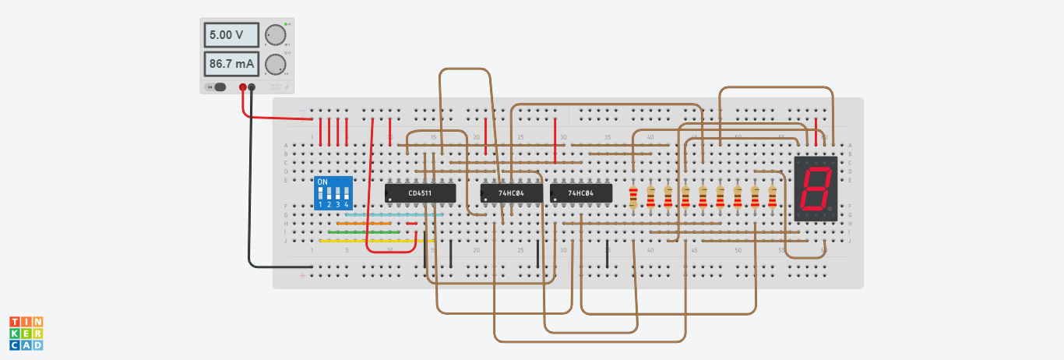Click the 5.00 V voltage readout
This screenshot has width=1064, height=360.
point(232,36)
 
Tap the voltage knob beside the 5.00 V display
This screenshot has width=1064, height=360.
point(275,35)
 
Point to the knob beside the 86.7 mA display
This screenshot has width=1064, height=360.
point(275,64)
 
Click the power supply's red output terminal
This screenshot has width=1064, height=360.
point(243,87)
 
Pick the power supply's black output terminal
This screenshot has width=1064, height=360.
point(251,87)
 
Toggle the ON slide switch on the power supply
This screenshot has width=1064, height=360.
point(219,87)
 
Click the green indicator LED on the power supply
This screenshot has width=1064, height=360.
point(286,25)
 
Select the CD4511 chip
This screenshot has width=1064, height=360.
point(420,192)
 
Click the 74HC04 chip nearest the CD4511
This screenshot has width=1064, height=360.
point(511,192)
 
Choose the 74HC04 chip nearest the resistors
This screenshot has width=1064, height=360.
point(581,192)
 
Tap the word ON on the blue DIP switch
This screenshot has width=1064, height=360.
point(322,182)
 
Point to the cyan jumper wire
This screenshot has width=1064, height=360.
point(394,214)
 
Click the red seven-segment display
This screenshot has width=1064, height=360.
point(816,189)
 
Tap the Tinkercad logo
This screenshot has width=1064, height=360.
point(26,333)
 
